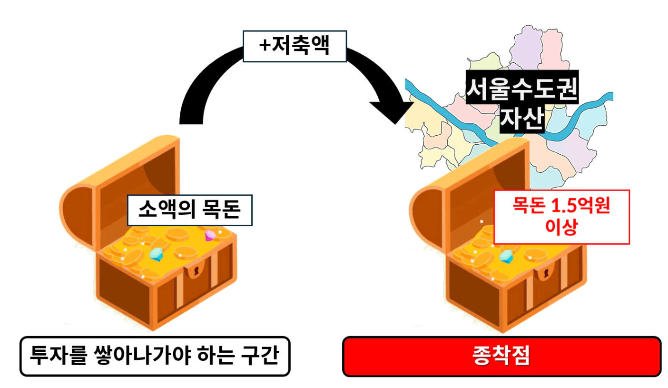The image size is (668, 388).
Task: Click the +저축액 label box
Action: (x=295, y=46)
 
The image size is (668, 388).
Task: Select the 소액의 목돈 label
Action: (x=190, y=210)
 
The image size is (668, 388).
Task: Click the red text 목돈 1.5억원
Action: (x=561, y=205)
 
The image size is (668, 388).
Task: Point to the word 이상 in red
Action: (x=561, y=227)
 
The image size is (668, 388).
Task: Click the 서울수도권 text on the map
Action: (x=522, y=89)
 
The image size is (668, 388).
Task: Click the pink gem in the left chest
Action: (x=210, y=236)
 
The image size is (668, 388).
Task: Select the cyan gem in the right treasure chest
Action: (x=506, y=257)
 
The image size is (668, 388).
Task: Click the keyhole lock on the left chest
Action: (x=196, y=271)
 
